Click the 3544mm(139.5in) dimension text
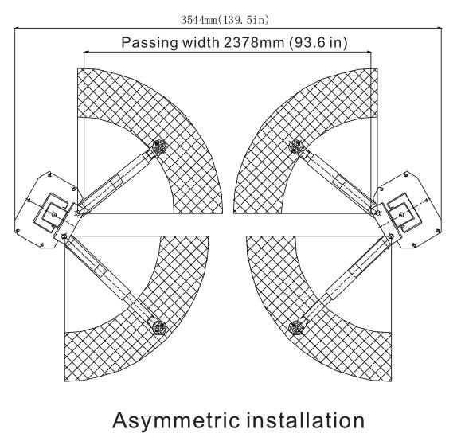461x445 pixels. click(x=225, y=20)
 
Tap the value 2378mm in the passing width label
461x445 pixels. click(x=254, y=42)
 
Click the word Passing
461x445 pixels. click(x=150, y=43)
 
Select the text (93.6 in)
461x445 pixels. click(x=318, y=43)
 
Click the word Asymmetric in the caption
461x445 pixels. click(x=176, y=420)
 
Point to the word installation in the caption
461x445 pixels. click(x=305, y=420)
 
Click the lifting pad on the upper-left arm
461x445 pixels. click(x=160, y=146)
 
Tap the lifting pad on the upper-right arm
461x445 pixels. click(x=295, y=146)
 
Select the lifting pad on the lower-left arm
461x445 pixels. click(x=159, y=327)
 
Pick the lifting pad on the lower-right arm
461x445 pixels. click(x=295, y=327)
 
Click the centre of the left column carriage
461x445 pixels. click(x=54, y=214)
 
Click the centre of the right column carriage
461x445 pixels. click(x=402, y=214)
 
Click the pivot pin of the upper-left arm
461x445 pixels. click(x=78, y=213)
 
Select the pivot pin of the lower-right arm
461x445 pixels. click(x=391, y=236)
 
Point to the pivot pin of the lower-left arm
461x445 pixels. click(x=64, y=236)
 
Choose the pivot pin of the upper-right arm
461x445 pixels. click(x=377, y=213)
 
